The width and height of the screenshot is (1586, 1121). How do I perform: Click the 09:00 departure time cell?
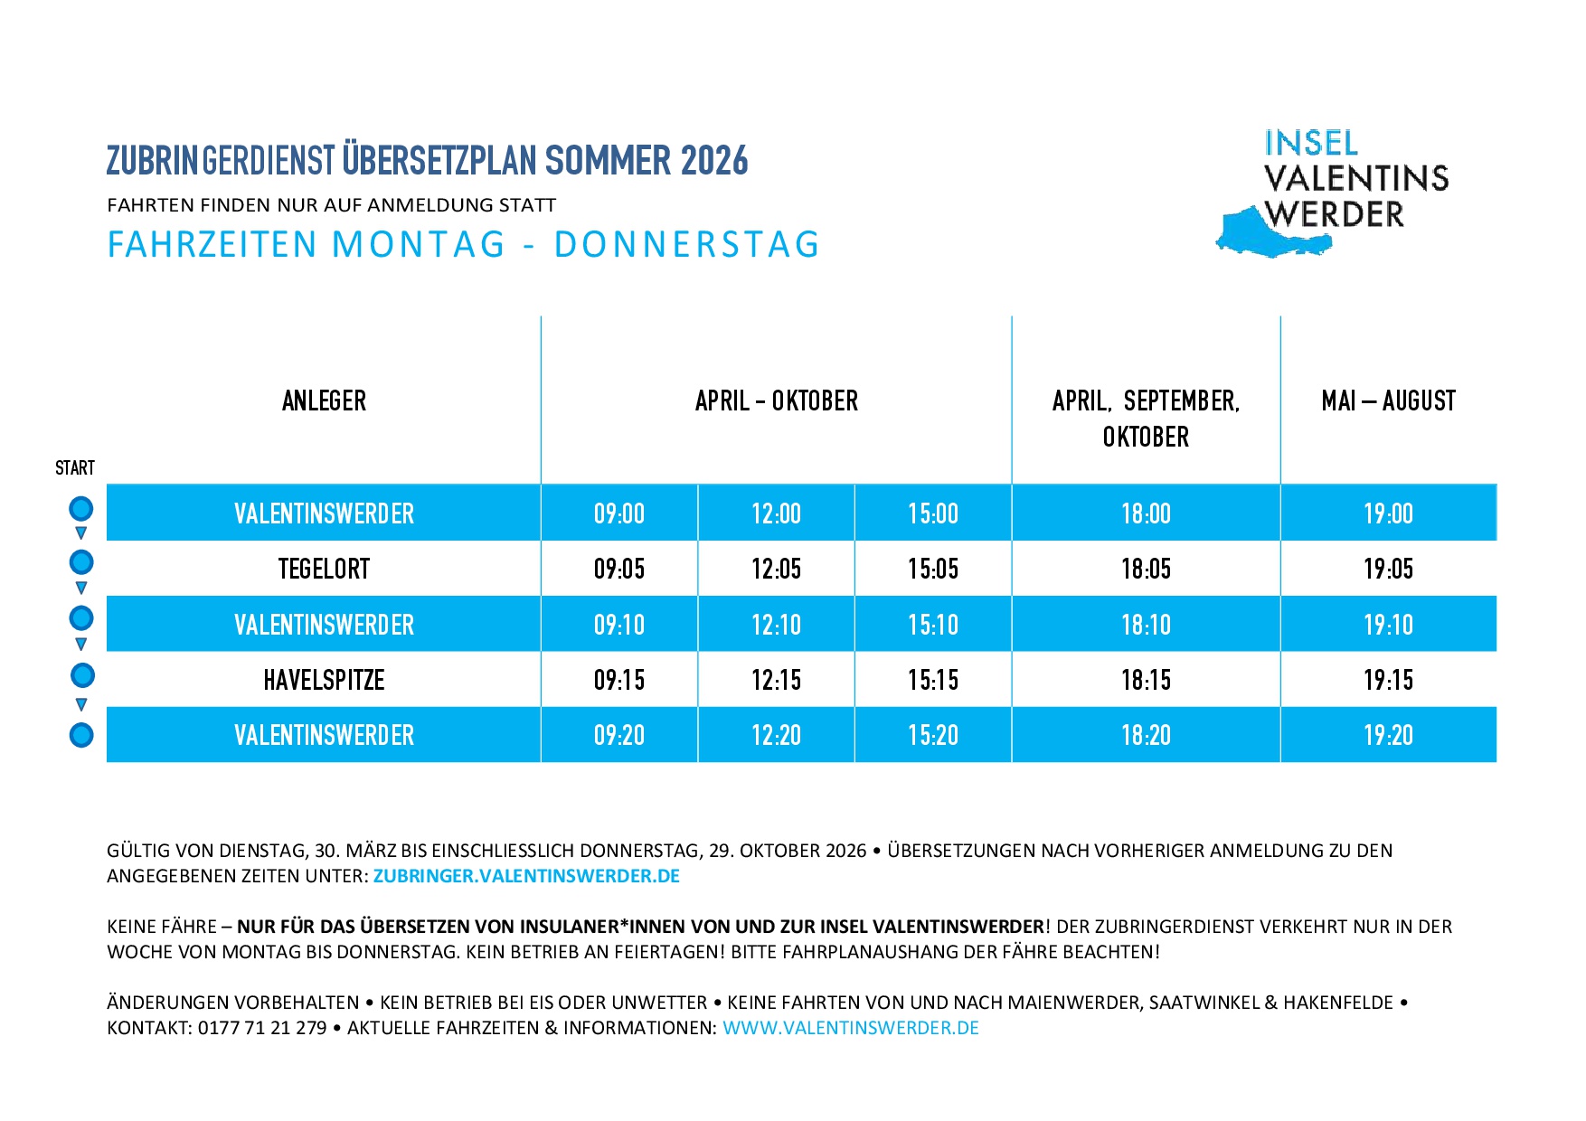pyautogui.click(x=619, y=513)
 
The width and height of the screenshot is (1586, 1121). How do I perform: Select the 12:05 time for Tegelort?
pyautogui.click(x=776, y=569)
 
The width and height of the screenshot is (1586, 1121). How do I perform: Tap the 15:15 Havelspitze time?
pyautogui.click(x=932, y=680)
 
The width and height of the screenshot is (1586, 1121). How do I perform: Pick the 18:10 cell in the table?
pyautogui.click(x=1146, y=625)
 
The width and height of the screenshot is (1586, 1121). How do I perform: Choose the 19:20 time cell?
pyautogui.click(x=1388, y=735)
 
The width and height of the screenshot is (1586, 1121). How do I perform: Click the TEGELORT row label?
pyautogui.click(x=324, y=569)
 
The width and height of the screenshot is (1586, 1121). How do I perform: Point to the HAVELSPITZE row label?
pyautogui.click(x=324, y=680)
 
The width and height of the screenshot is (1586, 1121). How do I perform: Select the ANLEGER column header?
pyautogui.click(x=324, y=400)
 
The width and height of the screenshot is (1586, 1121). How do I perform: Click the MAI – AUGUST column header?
pyautogui.click(x=1388, y=400)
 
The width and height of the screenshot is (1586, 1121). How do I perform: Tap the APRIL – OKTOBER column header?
pyautogui.click(x=776, y=400)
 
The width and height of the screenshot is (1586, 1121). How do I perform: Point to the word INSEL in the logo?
pyautogui.click(x=1311, y=143)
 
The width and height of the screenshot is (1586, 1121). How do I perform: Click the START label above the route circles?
pyautogui.click(x=74, y=467)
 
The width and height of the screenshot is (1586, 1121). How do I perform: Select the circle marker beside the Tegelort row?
pyautogui.click(x=81, y=562)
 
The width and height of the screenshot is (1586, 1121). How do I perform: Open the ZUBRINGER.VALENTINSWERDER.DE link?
pyautogui.click(x=526, y=876)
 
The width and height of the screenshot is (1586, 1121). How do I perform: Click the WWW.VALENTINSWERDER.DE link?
pyautogui.click(x=851, y=1028)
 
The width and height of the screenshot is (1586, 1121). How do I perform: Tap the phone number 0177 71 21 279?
pyautogui.click(x=262, y=1028)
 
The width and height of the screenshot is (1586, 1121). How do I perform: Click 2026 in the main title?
pyautogui.click(x=714, y=161)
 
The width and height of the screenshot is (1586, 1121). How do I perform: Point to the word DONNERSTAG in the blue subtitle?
pyautogui.click(x=686, y=245)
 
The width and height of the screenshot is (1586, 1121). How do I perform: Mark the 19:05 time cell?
pyautogui.click(x=1388, y=569)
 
